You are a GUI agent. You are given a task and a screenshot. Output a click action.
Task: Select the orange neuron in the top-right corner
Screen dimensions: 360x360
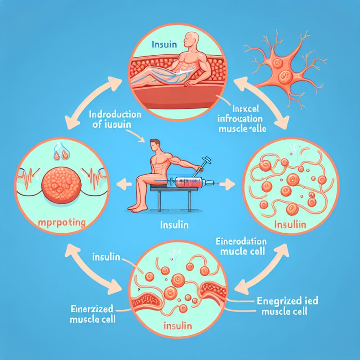tap(285, 71)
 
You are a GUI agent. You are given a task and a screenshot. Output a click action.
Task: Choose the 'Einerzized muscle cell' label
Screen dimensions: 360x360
tap(90, 314)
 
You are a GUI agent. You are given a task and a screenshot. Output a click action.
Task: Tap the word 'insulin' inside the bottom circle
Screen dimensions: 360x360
tap(177, 325)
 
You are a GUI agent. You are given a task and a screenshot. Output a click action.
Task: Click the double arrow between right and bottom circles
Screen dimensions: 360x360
tap(263, 268)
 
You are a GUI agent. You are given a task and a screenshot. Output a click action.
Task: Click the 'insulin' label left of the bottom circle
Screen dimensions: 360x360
tap(106, 256)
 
